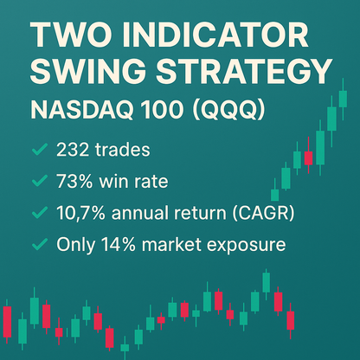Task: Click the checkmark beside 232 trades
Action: (x=38, y=151)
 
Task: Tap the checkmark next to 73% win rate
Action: (x=38, y=183)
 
